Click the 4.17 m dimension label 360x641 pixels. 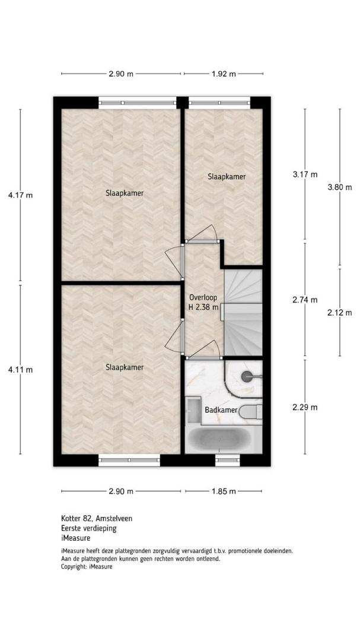pyautogui.click(x=20, y=195)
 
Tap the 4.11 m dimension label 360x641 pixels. pyautogui.click(x=20, y=370)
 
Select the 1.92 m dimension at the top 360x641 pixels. pyautogui.click(x=224, y=74)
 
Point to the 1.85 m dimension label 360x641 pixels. pyautogui.click(x=224, y=491)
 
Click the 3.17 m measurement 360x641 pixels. pyautogui.click(x=305, y=174)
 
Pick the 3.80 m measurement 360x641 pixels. pyautogui.click(x=340, y=187)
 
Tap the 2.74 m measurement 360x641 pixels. pyautogui.click(x=305, y=300)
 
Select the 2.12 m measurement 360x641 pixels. pyautogui.click(x=340, y=313)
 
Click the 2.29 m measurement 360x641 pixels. pyautogui.click(x=305, y=407)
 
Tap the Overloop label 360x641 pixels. pyautogui.click(x=203, y=297)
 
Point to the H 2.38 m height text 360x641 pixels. pyautogui.click(x=203, y=307)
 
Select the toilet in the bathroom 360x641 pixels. pyautogui.click(x=250, y=411)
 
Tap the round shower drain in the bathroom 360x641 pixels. pyautogui.click(x=247, y=376)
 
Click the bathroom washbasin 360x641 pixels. pyautogui.click(x=192, y=411)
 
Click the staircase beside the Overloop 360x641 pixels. pyautogui.click(x=243, y=312)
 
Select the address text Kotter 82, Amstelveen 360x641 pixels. pyautogui.click(x=97, y=518)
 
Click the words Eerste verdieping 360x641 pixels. pyautogui.click(x=89, y=528)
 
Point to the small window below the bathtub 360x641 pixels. pyautogui.click(x=228, y=460)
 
